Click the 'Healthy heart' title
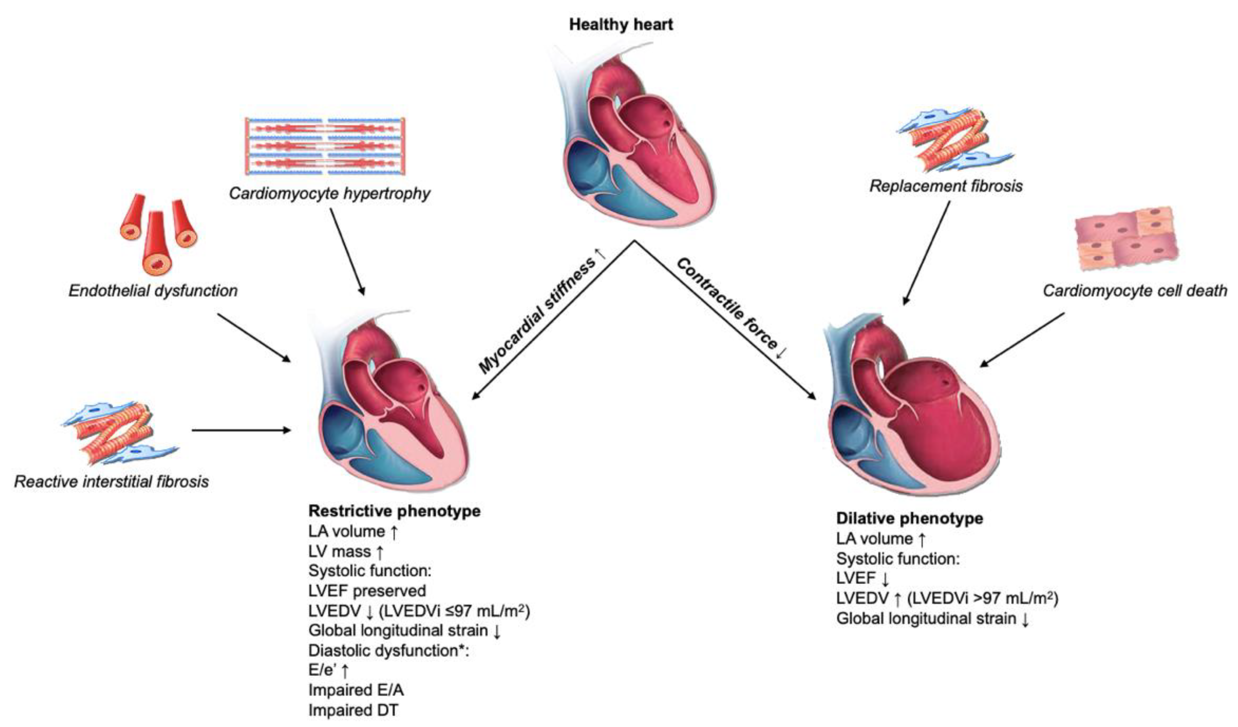point(621,25)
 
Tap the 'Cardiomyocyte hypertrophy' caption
point(329,193)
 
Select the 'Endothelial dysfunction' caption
point(153,291)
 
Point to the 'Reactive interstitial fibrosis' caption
point(112,481)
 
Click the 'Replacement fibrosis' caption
point(946,186)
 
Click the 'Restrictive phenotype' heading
point(394,511)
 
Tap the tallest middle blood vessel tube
point(156,243)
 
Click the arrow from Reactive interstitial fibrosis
point(241,430)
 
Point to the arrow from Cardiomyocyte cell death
point(1022,340)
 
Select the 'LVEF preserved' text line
point(367,590)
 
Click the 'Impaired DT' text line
point(353,710)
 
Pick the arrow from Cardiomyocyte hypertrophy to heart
point(347,252)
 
